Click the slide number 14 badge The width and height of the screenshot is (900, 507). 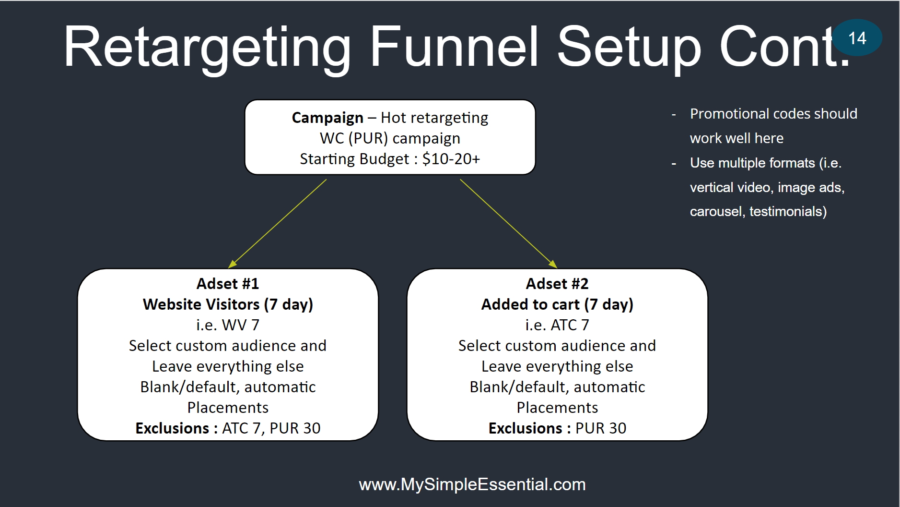(x=857, y=37)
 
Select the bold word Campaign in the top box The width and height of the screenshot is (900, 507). (x=327, y=118)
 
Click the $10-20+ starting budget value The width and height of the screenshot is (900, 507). (x=451, y=159)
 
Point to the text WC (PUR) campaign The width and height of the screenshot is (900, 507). (x=390, y=138)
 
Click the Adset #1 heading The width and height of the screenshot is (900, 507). (x=228, y=284)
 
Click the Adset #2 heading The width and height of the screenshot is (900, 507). (x=557, y=284)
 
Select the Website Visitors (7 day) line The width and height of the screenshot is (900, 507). (x=228, y=304)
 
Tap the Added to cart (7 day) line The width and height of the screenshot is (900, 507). (x=557, y=304)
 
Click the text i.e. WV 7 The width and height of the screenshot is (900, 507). (x=228, y=325)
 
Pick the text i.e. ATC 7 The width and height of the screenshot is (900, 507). (x=557, y=325)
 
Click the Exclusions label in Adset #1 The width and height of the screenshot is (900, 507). (x=172, y=428)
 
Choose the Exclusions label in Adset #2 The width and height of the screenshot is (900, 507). (x=526, y=428)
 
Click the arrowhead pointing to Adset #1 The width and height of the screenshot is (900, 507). (x=232, y=264)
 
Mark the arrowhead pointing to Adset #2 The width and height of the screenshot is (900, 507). (x=553, y=264)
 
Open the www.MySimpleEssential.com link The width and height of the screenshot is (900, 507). (x=472, y=484)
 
